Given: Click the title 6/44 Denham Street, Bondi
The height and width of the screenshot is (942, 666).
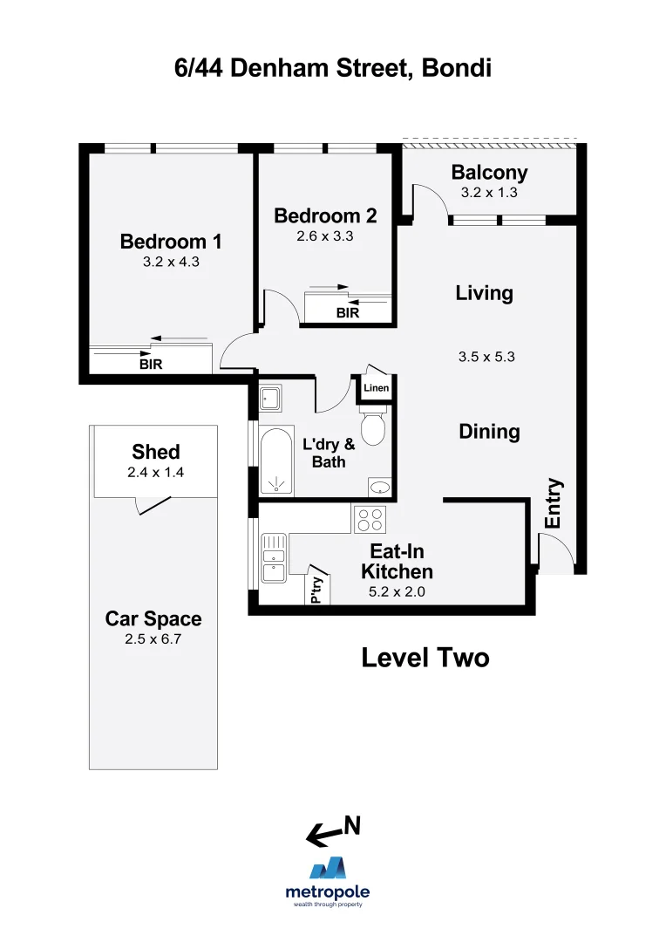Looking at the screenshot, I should pyautogui.click(x=333, y=67).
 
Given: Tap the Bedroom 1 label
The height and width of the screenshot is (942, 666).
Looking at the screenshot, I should pyautogui.click(x=171, y=242).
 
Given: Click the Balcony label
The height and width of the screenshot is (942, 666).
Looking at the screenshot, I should pyautogui.click(x=489, y=173).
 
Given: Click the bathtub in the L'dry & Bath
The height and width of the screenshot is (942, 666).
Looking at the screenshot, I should pyautogui.click(x=276, y=461).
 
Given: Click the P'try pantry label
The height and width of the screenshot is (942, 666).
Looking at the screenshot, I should pyautogui.click(x=316, y=590).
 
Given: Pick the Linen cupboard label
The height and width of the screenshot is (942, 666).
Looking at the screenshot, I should pyautogui.click(x=377, y=388).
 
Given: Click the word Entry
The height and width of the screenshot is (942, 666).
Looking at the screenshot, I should pyautogui.click(x=554, y=503).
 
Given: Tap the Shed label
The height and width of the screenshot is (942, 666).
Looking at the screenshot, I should pyautogui.click(x=156, y=452).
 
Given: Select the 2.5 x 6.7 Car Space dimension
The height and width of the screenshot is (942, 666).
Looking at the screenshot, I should pyautogui.click(x=153, y=638).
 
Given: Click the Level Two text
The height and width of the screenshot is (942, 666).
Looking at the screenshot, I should pyautogui.click(x=425, y=658).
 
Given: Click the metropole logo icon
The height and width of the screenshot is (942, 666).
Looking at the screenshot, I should pyautogui.click(x=328, y=868).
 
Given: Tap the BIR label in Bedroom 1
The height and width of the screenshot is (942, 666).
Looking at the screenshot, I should pyautogui.click(x=151, y=365).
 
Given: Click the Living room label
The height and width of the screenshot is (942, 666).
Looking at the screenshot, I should pyautogui.click(x=484, y=293).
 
